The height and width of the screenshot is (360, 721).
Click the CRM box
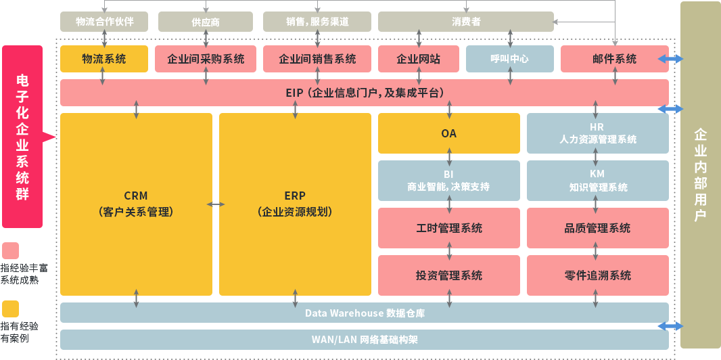point(136,204)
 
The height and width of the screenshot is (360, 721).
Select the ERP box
point(295,204)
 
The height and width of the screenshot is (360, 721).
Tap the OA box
point(448,133)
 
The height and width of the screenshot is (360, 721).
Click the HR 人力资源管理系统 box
point(597,133)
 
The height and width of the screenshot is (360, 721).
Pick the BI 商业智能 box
point(448,181)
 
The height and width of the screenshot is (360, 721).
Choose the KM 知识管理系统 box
point(597,181)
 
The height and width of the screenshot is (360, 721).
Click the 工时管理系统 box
point(448,228)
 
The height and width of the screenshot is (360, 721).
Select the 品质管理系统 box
point(597,228)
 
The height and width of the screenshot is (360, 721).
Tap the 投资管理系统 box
point(448,275)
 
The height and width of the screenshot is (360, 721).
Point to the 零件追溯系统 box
point(597,275)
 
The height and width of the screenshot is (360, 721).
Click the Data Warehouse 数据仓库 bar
point(365,313)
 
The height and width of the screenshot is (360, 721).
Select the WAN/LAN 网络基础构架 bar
point(365,339)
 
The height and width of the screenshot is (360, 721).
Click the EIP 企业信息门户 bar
point(365,93)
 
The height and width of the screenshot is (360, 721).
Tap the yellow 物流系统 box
point(103,59)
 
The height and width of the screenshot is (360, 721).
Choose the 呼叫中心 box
point(509,59)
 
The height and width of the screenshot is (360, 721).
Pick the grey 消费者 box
point(465,22)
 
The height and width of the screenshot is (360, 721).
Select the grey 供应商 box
point(206,22)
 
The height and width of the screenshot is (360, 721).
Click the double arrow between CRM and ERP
point(216,204)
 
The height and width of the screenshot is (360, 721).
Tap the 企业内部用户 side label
point(700,175)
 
